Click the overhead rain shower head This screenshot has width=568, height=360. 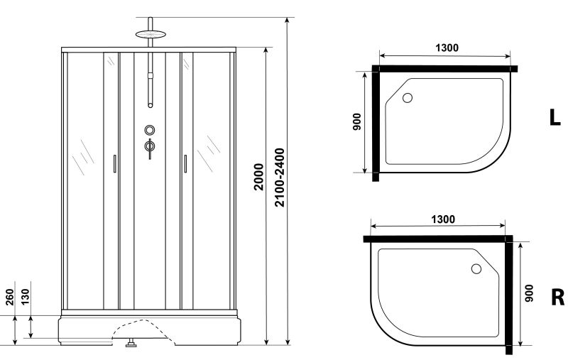[151, 34]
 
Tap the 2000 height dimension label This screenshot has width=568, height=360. [258, 177]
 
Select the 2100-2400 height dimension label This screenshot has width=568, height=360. [280, 177]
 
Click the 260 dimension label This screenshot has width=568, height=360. [10, 297]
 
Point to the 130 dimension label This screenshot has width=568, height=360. [25, 297]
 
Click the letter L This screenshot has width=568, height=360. [555, 117]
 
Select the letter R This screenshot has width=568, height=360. [557, 298]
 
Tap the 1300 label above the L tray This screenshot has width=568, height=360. [447, 48]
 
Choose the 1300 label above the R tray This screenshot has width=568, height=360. [443, 219]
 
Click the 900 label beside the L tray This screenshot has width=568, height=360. [357, 121]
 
